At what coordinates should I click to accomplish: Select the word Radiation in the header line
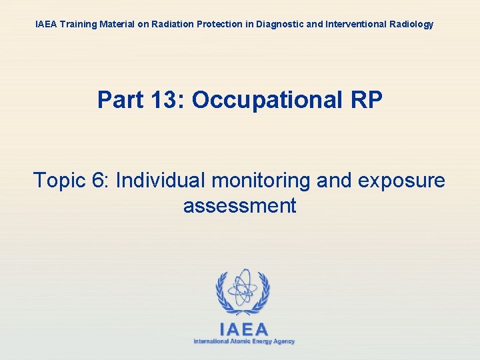tap(171, 24)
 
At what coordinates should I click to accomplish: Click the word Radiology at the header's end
tap(409, 24)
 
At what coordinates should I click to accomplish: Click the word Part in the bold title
tap(119, 100)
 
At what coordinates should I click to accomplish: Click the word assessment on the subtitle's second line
tap(239, 205)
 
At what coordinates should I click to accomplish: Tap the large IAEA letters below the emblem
tap(243, 329)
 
